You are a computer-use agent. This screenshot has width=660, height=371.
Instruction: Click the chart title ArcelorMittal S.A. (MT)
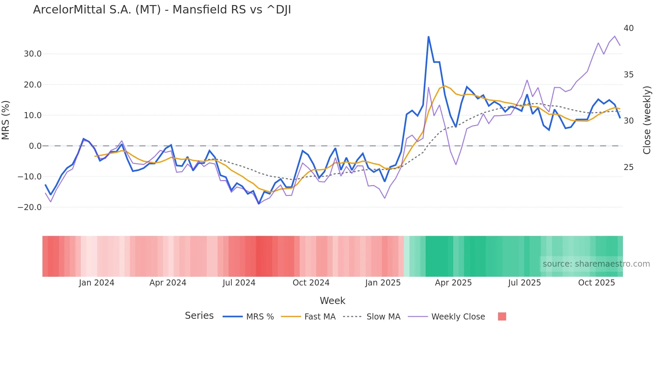tap(162, 10)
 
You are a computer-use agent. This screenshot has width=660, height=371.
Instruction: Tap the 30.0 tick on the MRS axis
tap(33, 54)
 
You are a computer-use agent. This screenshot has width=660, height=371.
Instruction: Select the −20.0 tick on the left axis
tap(30, 207)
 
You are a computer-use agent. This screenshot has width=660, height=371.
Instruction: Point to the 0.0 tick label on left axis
tap(35, 146)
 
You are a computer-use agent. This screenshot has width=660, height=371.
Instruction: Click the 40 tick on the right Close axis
tap(628, 28)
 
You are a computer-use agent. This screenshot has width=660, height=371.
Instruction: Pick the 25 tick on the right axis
tap(628, 167)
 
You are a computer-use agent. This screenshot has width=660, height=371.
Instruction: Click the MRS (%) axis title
tap(6, 120)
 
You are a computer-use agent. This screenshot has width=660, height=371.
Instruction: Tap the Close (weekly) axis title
tap(647, 120)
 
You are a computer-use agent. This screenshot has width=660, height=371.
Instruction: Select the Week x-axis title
tap(332, 301)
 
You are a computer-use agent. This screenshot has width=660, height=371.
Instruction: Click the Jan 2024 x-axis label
tap(97, 283)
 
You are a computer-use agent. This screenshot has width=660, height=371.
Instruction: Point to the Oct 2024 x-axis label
tap(311, 283)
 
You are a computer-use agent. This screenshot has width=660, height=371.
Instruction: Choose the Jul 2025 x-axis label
tap(524, 283)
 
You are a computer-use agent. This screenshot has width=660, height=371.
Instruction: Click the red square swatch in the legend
tap(502, 316)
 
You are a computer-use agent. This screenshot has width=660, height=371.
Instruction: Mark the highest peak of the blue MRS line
tap(428, 37)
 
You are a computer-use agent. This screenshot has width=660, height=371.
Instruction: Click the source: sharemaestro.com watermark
tap(596, 264)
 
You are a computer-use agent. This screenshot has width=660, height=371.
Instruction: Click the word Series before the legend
tap(199, 316)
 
